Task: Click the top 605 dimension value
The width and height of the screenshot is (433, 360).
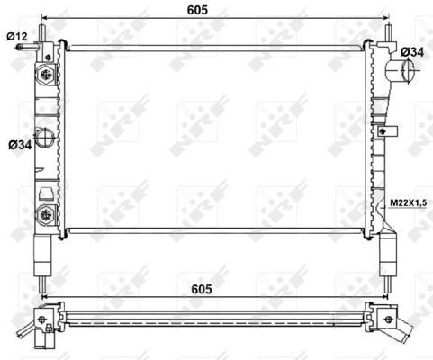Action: (197, 10)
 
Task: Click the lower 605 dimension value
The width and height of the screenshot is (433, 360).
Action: (202, 289)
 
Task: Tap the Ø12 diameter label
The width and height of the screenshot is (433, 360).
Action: (17, 36)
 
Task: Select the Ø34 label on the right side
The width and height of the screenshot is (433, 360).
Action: (412, 52)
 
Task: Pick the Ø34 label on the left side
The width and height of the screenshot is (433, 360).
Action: (20, 145)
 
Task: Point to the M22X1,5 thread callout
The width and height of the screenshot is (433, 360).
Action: (408, 202)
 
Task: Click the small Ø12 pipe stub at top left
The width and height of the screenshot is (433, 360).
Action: (27, 48)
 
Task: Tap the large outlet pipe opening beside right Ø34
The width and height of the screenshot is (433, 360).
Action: (407, 71)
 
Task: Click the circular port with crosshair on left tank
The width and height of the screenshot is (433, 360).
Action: (44, 138)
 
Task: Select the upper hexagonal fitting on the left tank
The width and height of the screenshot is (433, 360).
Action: (46, 74)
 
